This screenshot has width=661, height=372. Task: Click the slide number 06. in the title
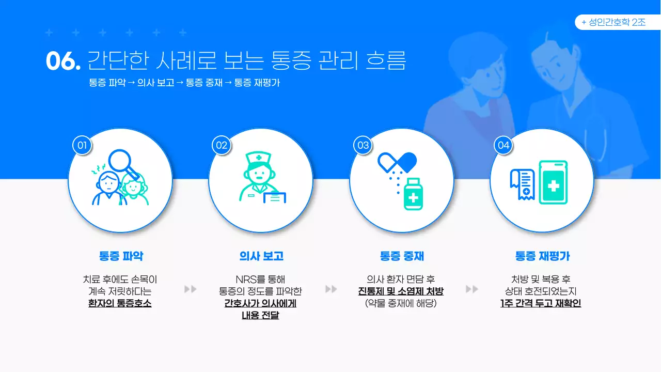pyautogui.click(x=63, y=61)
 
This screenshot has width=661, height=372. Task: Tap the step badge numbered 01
pyautogui.click(x=82, y=145)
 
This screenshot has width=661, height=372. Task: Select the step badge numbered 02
pyautogui.click(x=222, y=145)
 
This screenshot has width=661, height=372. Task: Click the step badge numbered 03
pyautogui.click(x=363, y=145)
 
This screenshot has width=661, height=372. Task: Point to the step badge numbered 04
pyautogui.click(x=503, y=145)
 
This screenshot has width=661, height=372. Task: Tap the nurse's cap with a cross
pyautogui.click(x=258, y=158)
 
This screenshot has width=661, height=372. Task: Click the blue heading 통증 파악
pyautogui.click(x=121, y=256)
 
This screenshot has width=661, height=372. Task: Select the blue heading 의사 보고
pyautogui.click(x=261, y=256)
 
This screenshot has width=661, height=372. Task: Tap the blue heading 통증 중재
pyautogui.click(x=402, y=256)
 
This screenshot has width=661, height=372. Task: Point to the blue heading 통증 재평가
pyautogui.click(x=542, y=256)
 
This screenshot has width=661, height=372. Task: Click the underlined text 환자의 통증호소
pyautogui.click(x=120, y=303)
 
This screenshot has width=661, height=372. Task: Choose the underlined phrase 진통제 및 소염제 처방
pyautogui.click(x=401, y=291)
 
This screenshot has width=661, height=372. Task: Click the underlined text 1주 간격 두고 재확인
pyautogui.click(x=541, y=303)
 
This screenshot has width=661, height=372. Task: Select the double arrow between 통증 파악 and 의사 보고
pyautogui.click(x=191, y=289)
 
